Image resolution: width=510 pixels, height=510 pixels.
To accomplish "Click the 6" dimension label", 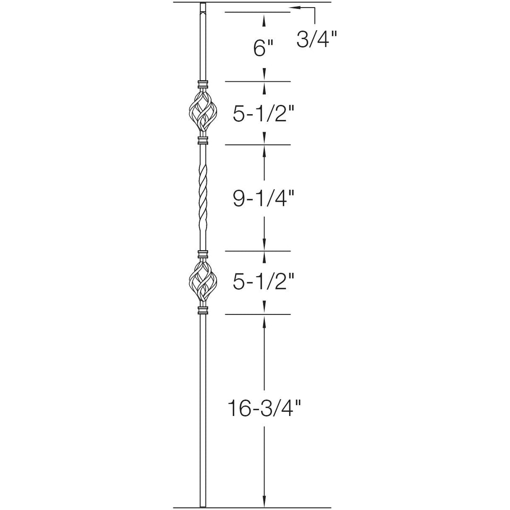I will click(x=263, y=48).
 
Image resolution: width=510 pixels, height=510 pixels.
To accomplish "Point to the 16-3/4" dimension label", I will click(x=263, y=408).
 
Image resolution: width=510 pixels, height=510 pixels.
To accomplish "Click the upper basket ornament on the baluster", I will click(x=203, y=113).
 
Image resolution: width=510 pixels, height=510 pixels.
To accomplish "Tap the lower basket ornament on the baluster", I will click(x=203, y=282).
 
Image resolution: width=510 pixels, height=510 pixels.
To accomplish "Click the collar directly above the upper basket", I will click(x=203, y=85).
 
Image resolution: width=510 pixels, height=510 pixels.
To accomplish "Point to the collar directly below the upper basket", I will click(x=203, y=140).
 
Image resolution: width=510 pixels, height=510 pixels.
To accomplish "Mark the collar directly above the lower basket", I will click(x=203, y=255).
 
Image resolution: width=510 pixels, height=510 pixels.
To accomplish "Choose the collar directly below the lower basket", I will click(x=203, y=310).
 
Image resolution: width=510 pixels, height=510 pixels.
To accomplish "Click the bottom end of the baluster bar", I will click(x=203, y=505).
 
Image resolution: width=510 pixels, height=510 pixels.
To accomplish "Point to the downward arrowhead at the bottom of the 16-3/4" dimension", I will click(x=264, y=501).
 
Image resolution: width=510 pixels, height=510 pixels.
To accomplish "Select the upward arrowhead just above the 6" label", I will click(x=264, y=20).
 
